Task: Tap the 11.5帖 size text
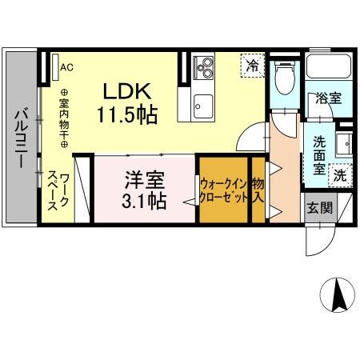126,114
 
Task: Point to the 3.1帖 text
144,199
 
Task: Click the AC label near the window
66,67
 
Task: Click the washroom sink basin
344,144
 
